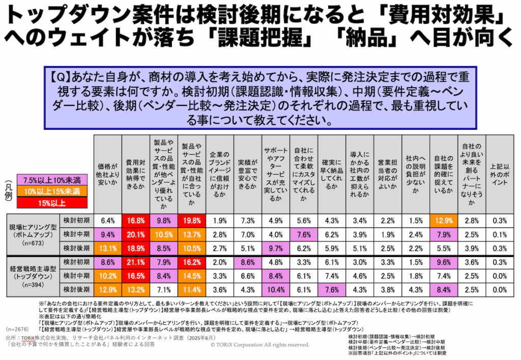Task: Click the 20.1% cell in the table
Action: [x=135, y=234]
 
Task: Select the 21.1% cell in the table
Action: [x=135, y=262]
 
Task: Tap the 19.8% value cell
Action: [x=191, y=220]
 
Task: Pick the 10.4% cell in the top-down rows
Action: [x=275, y=289]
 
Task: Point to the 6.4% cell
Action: [x=107, y=220]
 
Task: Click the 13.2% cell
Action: [x=135, y=289]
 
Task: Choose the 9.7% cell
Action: [x=275, y=248]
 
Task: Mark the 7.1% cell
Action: [x=163, y=289]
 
